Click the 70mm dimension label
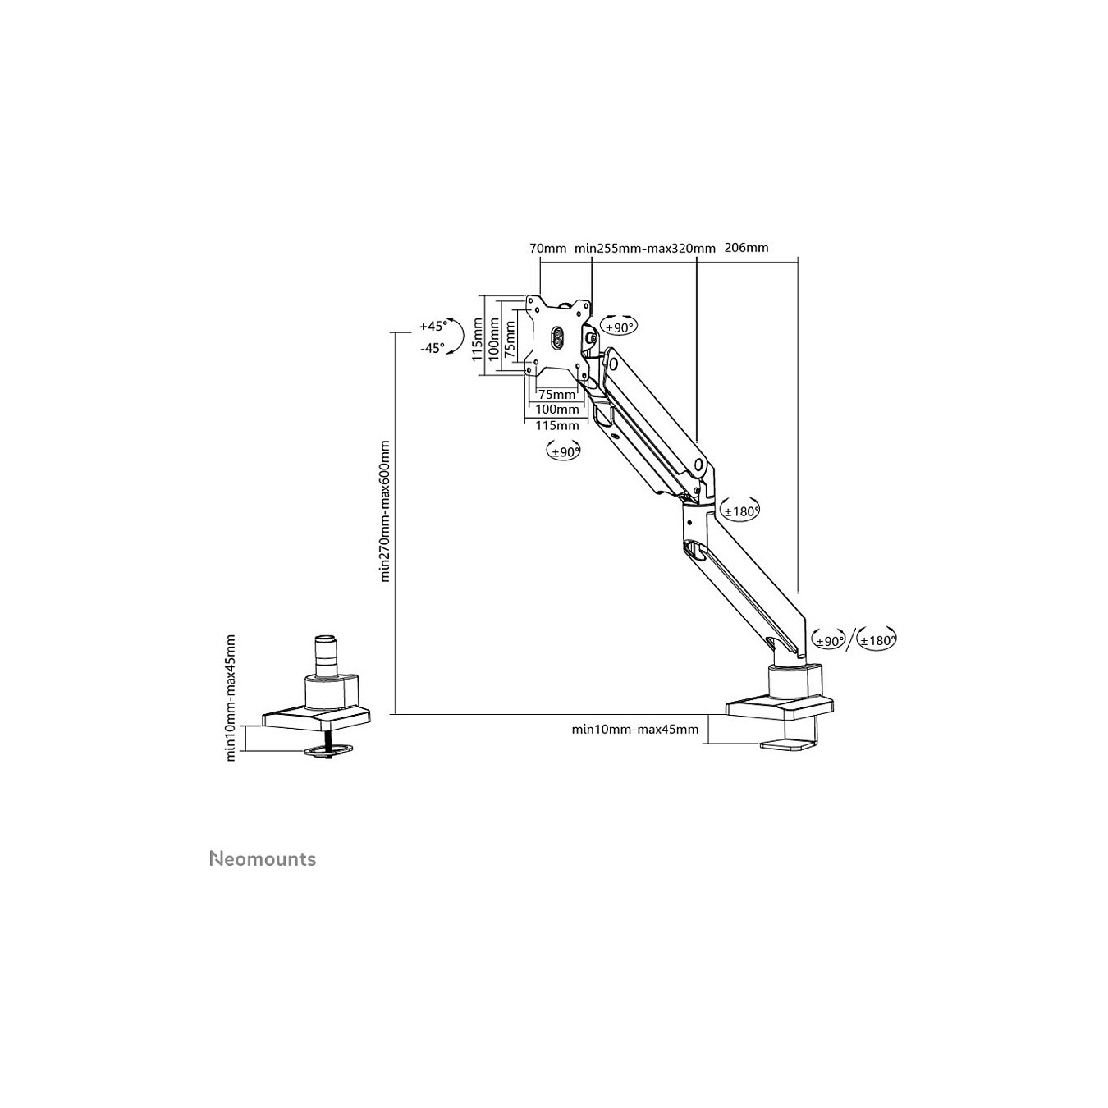547,249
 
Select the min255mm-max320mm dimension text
645,249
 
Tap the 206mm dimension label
746,248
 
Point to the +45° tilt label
433,326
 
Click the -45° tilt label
432,348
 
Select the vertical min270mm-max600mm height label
385,511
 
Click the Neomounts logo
262,875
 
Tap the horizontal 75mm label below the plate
556,395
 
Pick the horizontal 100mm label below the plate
557,410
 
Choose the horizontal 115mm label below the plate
557,425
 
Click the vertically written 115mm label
477,340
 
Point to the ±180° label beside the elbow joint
741,511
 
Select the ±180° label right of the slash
877,640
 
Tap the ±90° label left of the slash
829,640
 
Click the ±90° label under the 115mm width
564,452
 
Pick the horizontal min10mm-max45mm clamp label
634,730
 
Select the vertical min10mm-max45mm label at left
231,698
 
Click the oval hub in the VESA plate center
556,337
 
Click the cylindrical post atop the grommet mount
327,656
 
